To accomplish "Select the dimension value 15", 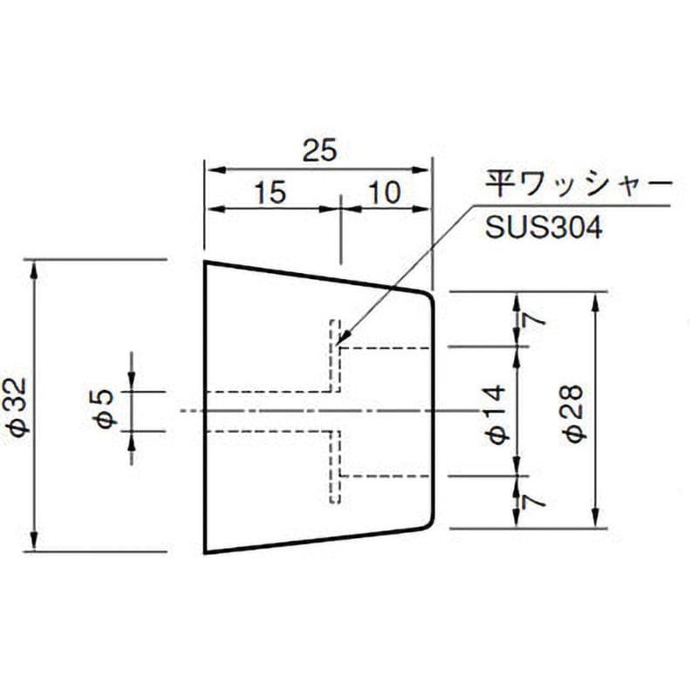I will (x=270, y=193).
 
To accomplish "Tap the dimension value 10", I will (x=385, y=193).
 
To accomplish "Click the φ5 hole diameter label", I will (x=105, y=411).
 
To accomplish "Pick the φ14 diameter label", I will (x=497, y=411).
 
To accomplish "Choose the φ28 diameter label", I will (x=576, y=411).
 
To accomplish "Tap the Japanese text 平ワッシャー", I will (x=578, y=186).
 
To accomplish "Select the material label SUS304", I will (x=542, y=229).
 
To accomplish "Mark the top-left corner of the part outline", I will (x=206, y=262).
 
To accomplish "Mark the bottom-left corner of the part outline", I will (x=206, y=552).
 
